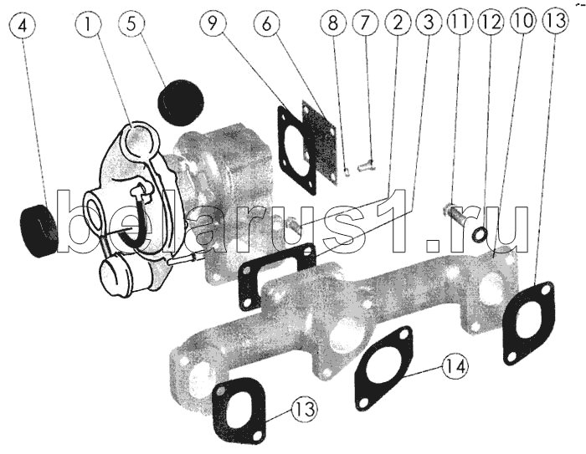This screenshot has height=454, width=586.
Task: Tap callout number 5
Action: click(131, 26)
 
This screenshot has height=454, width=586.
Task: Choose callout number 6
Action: click(267, 26)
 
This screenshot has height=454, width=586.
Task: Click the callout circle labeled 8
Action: click(332, 26)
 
